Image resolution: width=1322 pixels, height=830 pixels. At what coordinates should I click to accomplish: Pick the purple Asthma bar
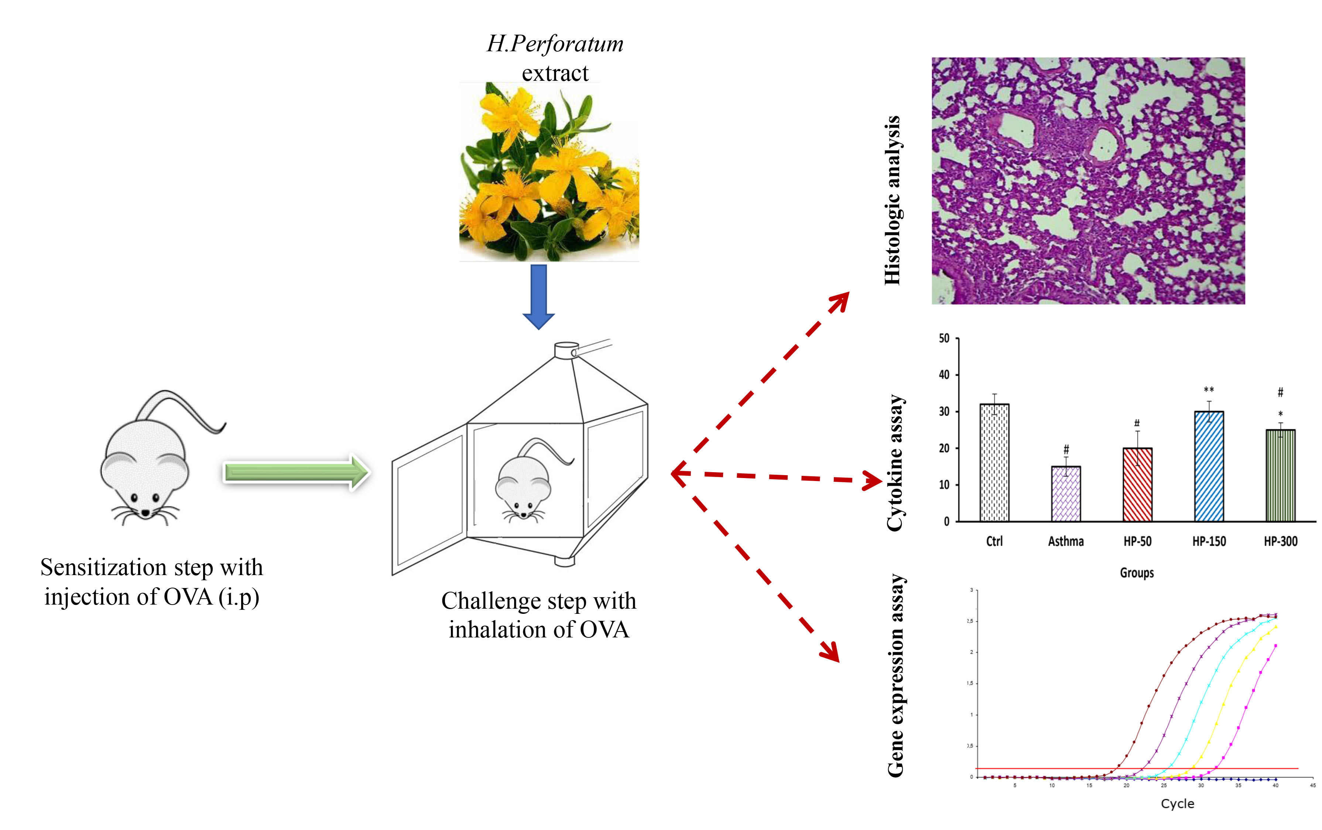[x=1066, y=494]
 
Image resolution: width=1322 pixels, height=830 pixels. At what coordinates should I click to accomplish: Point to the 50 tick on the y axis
[x=944, y=339]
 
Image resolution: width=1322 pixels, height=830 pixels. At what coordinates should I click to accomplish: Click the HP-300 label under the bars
[x=1280, y=542]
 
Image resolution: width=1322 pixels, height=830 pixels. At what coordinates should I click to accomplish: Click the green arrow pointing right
[x=297, y=472]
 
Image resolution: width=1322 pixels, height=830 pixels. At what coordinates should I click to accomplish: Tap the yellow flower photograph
[x=549, y=172]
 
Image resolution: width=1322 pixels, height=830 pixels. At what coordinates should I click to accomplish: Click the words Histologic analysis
[x=893, y=200]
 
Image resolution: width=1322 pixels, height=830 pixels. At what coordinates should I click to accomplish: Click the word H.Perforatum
[x=555, y=44]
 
